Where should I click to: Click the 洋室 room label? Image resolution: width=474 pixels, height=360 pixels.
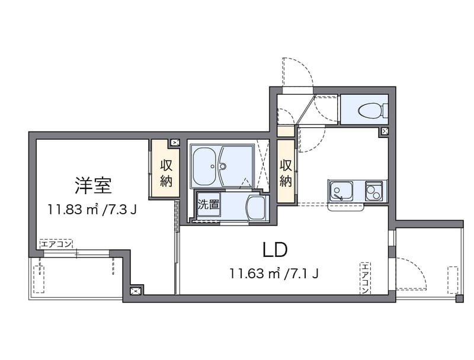point(94,185)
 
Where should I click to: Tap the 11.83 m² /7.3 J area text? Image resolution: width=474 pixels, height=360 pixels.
point(93,209)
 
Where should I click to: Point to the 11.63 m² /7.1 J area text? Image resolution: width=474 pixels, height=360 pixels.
point(275,274)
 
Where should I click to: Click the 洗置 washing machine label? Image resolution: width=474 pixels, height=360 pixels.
point(207,205)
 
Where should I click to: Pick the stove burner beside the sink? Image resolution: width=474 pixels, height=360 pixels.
point(375,191)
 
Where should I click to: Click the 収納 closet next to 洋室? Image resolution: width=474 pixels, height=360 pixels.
point(165,171)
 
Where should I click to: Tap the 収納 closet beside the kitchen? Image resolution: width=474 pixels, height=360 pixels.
point(286,171)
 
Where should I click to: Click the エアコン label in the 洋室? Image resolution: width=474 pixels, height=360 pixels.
point(56,243)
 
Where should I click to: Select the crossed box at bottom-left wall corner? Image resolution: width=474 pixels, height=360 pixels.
point(136,290)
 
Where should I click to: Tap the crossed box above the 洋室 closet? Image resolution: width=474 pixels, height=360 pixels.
point(175,143)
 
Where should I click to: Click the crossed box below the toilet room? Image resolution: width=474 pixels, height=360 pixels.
point(385,131)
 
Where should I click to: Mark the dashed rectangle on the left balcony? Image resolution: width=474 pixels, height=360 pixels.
point(39,279)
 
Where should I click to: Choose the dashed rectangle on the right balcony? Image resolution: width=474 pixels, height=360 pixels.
point(453,280)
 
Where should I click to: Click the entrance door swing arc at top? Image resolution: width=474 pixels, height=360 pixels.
point(298,74)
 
